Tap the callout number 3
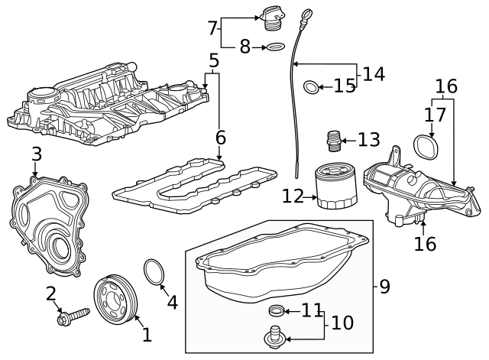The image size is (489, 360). [35, 154]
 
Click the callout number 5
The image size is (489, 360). [214, 60]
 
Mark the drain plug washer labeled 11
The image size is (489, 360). [277, 310]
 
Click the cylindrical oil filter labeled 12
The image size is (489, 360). [336, 187]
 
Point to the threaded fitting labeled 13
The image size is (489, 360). [332, 141]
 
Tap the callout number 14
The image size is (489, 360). [374, 74]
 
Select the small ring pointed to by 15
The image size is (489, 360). [310, 87]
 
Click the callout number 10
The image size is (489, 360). [342, 323]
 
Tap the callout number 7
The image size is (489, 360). [212, 28]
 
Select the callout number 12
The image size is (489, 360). [293, 196]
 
